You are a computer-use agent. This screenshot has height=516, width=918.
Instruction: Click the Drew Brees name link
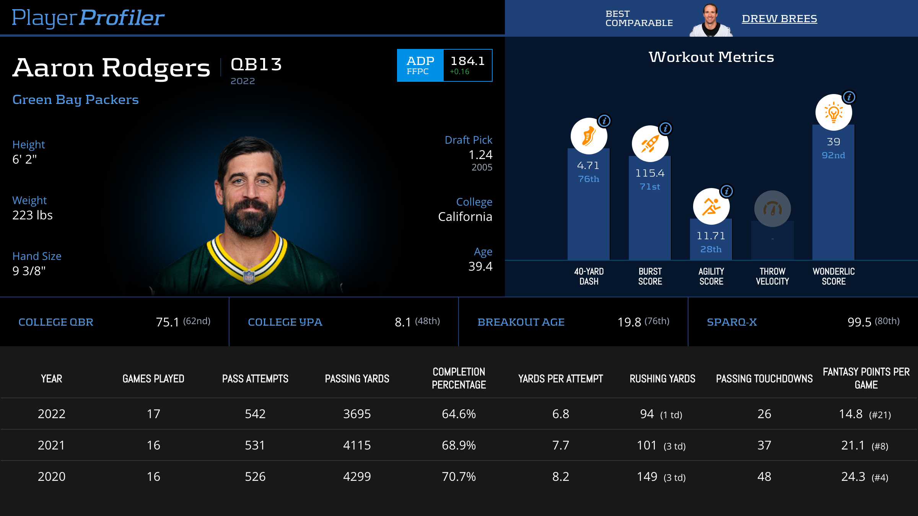(779, 18)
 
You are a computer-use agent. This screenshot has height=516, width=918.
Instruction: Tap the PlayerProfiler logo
(88, 18)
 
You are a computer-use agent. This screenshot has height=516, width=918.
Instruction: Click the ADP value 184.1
(467, 61)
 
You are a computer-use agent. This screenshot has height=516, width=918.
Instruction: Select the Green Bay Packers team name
(75, 99)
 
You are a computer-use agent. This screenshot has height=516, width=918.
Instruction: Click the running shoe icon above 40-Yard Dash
(589, 136)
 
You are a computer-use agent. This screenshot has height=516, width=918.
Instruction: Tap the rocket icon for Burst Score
(650, 144)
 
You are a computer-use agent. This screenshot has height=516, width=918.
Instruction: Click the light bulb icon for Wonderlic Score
(833, 112)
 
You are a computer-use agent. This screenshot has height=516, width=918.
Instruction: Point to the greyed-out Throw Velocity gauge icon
(772, 209)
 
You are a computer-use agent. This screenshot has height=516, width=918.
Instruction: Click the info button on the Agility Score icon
(727, 191)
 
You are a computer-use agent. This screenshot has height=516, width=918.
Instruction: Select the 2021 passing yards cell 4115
(357, 445)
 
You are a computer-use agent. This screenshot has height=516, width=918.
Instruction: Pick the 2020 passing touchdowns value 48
(764, 477)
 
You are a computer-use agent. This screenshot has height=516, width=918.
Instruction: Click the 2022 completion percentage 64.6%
(459, 414)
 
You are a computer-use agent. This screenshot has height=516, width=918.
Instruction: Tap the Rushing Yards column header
(662, 379)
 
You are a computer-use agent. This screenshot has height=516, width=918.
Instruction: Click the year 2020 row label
(52, 477)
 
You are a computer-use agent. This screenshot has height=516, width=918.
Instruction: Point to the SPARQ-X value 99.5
(859, 322)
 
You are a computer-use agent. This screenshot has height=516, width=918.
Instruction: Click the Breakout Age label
(521, 322)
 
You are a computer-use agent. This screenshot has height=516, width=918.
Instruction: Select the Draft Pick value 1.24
(480, 155)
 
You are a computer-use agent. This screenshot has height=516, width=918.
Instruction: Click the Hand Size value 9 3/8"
(29, 271)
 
